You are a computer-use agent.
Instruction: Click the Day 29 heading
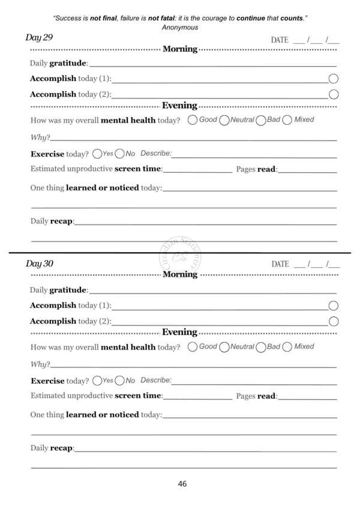click(39, 38)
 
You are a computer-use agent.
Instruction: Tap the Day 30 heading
click(40, 264)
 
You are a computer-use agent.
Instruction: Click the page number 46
click(182, 484)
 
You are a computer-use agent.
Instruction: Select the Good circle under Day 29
click(193, 119)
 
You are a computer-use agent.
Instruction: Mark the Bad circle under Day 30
click(261, 347)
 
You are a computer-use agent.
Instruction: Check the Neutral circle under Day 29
click(225, 120)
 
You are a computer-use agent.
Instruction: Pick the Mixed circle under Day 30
click(287, 346)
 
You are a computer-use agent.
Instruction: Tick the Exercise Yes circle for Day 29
click(97, 154)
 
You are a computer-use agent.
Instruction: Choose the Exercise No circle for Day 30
click(120, 381)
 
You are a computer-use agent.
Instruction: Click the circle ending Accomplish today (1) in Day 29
click(334, 79)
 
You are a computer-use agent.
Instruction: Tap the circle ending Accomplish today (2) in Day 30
click(334, 321)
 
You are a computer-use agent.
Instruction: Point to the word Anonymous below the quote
click(180, 28)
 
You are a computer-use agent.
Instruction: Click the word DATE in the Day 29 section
click(280, 40)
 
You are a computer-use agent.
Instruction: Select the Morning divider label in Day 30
click(180, 274)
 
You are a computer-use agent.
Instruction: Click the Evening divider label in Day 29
click(180, 106)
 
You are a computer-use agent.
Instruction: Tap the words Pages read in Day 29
click(256, 170)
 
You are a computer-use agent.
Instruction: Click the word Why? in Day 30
click(40, 364)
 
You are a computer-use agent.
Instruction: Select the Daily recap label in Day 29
click(52, 222)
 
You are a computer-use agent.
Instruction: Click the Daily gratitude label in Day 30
click(58, 291)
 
